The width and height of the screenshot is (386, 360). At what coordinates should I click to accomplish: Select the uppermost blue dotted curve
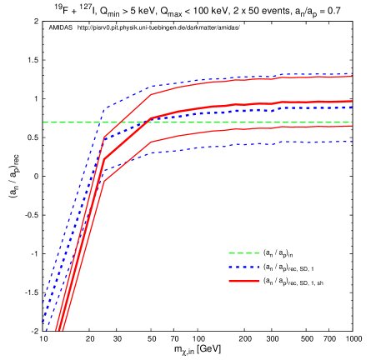click(250, 77)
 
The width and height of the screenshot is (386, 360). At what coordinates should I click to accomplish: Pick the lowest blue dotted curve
click(250, 144)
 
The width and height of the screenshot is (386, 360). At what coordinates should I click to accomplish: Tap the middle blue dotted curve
click(250, 110)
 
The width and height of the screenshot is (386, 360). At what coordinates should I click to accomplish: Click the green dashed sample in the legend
click(243, 253)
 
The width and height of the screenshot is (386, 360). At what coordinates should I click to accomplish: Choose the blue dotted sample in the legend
click(243, 267)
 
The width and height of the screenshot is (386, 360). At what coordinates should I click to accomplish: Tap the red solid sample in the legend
click(243, 282)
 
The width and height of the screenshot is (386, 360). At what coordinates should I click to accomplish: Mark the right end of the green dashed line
click(352, 122)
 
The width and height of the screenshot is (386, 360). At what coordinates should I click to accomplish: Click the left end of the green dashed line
click(44, 122)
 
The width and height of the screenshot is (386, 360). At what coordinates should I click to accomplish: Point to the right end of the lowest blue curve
click(352, 142)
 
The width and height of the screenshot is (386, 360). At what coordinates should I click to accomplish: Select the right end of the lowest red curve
click(352, 126)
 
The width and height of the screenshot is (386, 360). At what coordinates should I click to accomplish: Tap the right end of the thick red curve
click(352, 101)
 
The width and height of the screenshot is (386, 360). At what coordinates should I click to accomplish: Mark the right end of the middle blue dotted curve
click(352, 107)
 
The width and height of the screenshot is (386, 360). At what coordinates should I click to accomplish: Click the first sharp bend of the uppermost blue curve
click(103, 109)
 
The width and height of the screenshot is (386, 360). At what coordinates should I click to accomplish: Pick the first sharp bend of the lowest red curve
click(103, 181)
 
